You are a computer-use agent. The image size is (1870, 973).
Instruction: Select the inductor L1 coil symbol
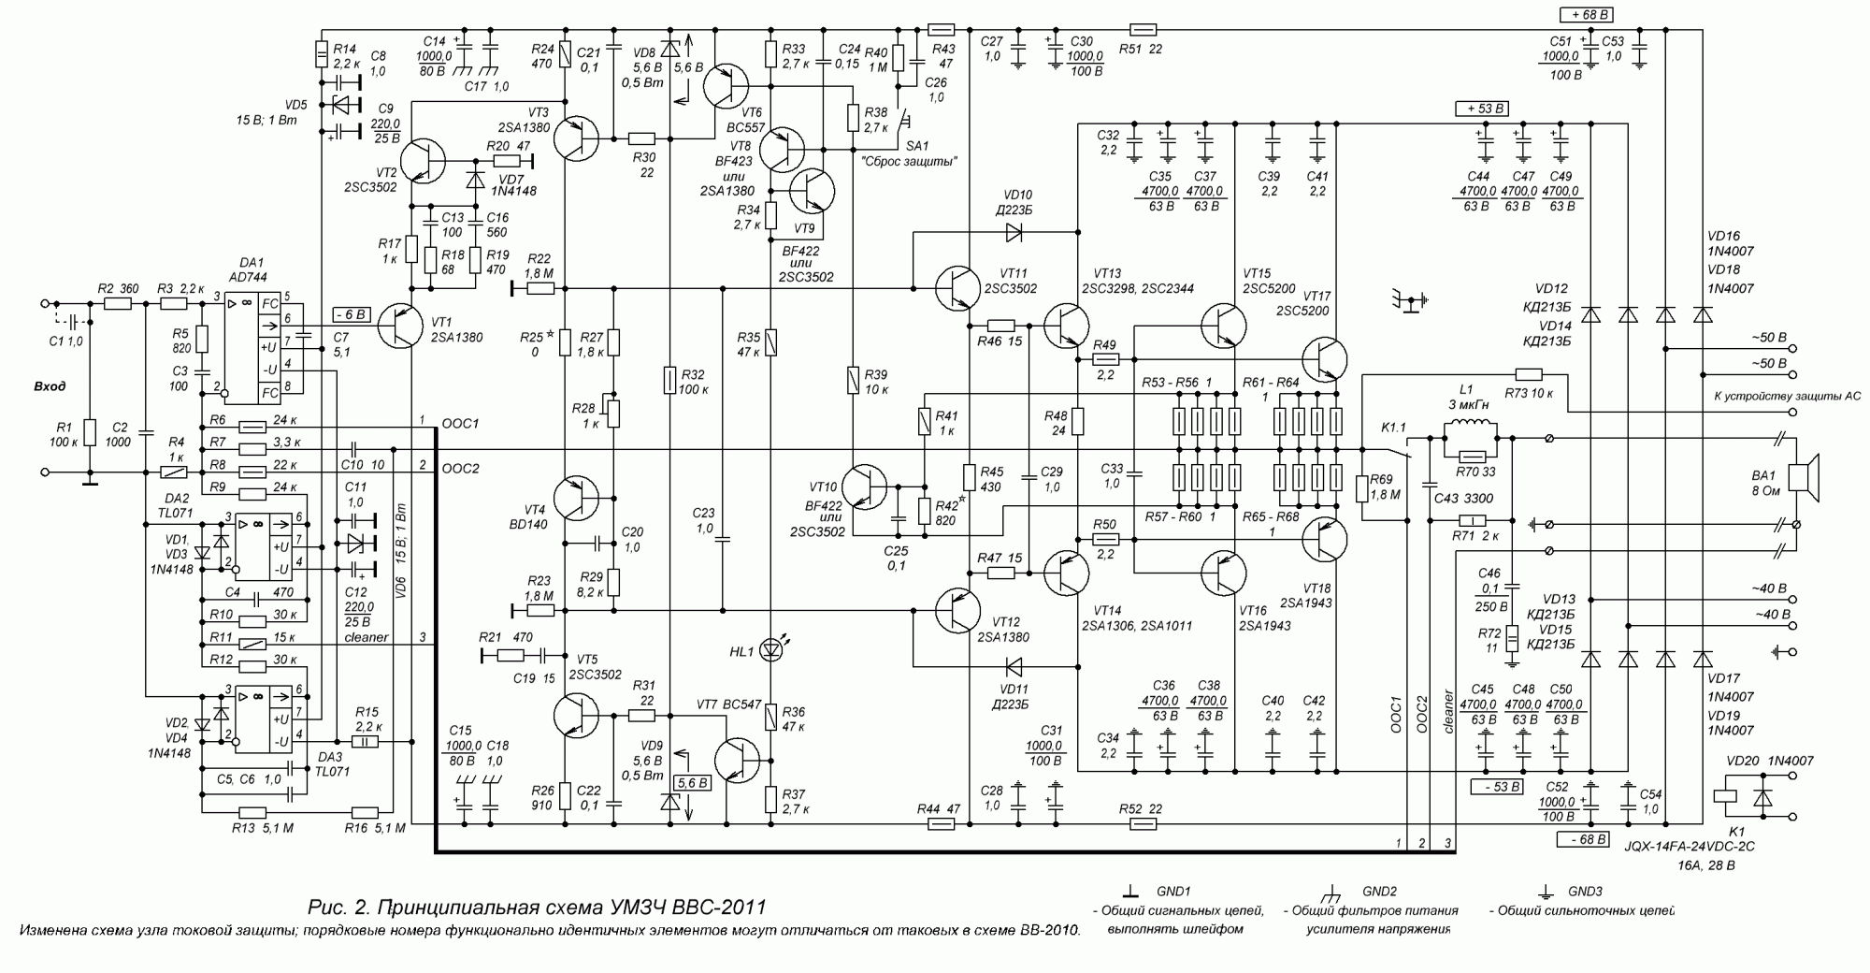tap(1471, 429)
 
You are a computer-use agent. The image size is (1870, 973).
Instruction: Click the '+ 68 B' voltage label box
tap(1586, 14)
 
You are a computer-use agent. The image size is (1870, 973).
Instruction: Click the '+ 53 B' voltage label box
tap(1481, 109)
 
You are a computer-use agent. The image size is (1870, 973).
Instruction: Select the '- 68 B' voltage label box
tap(1582, 839)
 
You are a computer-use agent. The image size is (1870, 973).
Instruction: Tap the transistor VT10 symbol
tap(865, 486)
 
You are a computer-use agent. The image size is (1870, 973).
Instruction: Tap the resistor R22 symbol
tap(540, 288)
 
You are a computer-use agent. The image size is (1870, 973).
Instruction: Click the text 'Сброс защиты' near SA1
tap(910, 161)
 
